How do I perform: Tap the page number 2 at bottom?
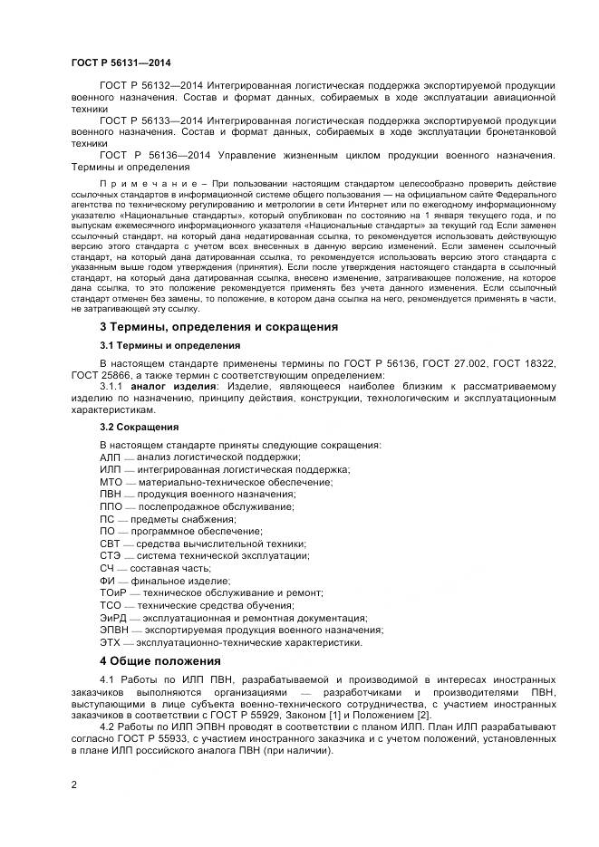tap(73, 784)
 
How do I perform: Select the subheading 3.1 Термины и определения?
tap(169, 345)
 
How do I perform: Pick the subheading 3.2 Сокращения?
tap(139, 427)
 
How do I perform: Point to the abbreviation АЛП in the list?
tap(110, 457)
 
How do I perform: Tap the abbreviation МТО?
tap(111, 482)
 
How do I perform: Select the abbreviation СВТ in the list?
tap(110, 544)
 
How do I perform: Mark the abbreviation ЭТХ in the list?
tap(111, 642)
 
